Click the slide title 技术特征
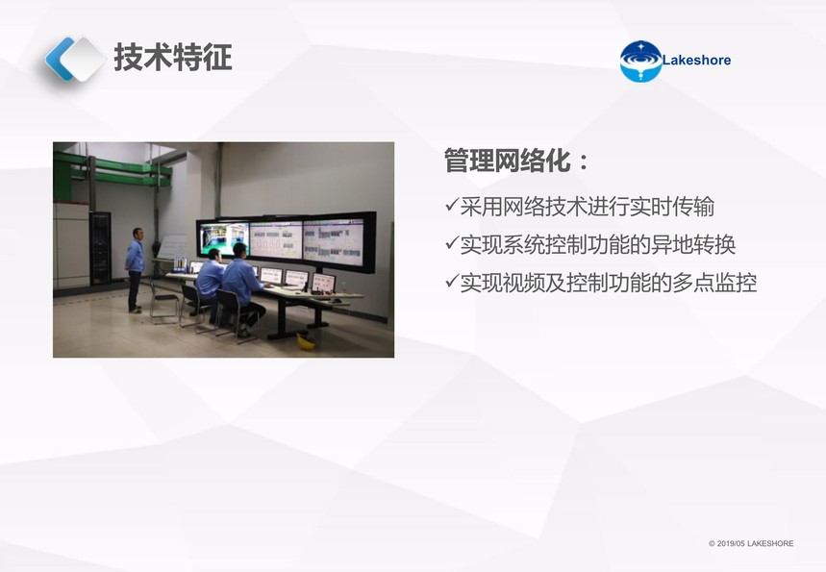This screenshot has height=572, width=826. click(173, 57)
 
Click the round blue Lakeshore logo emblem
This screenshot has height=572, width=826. click(640, 62)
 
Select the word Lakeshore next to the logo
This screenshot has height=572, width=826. click(696, 60)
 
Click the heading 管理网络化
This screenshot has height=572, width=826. click(508, 161)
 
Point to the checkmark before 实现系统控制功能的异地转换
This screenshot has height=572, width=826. click(451, 242)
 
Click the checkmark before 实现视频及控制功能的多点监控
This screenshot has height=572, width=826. click(451, 281)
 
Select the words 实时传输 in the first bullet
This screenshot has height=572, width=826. click(672, 207)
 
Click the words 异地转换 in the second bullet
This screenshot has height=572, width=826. click(693, 245)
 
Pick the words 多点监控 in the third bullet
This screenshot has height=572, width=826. click(714, 284)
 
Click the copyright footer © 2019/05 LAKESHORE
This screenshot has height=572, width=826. click(751, 543)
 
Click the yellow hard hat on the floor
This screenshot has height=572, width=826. click(306, 341)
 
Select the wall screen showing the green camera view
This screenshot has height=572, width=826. click(223, 238)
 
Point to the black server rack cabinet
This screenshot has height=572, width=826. click(100, 248)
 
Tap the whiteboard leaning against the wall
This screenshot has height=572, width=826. click(171, 246)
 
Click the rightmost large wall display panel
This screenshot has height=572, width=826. click(334, 242)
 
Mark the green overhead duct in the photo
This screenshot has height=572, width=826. click(113, 169)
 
